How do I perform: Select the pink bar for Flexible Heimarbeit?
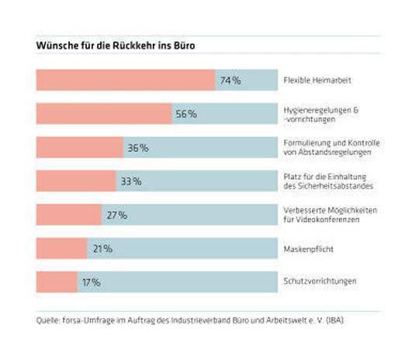[x=124, y=80]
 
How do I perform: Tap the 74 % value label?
[x=230, y=80]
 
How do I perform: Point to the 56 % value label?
[x=186, y=114]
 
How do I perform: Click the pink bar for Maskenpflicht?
[x=61, y=248]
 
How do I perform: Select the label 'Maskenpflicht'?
[x=307, y=248]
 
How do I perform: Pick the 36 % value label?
[x=138, y=147]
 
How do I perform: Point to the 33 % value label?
[x=130, y=182]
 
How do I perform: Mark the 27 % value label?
[x=116, y=215]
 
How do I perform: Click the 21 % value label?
[x=102, y=248]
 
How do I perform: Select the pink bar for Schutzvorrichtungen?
[x=57, y=282]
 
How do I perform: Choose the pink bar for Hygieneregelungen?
[x=103, y=114]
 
